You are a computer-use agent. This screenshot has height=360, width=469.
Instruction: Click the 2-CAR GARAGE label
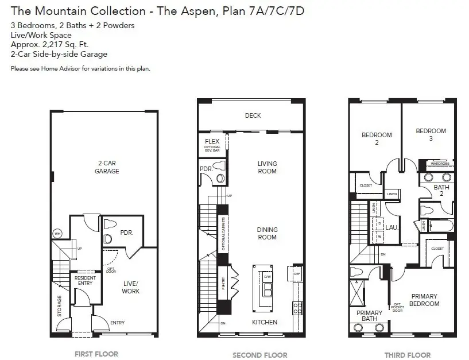107,167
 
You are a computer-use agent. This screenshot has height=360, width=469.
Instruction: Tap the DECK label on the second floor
253,115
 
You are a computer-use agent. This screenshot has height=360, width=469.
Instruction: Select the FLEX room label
212,141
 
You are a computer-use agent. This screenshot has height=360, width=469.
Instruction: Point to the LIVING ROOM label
267,167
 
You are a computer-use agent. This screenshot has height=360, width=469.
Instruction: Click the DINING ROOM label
267,233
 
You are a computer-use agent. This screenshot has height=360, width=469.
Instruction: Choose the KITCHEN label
265,322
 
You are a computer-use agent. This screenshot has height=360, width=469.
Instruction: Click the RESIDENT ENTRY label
86,281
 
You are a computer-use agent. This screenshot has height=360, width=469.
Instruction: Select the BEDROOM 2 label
377,138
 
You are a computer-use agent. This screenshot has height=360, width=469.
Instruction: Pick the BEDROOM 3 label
431,134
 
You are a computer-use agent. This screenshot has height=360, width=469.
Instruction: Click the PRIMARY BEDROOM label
424,300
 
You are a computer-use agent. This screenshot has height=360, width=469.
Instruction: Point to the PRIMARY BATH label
369,316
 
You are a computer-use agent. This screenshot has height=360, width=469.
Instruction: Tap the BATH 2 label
441,191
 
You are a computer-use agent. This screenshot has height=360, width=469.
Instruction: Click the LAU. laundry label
392,227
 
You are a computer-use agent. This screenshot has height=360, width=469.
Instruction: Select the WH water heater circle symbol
57,234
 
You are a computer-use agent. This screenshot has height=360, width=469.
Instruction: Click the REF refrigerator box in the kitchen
297,274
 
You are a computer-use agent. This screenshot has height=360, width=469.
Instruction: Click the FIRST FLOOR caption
96,354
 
